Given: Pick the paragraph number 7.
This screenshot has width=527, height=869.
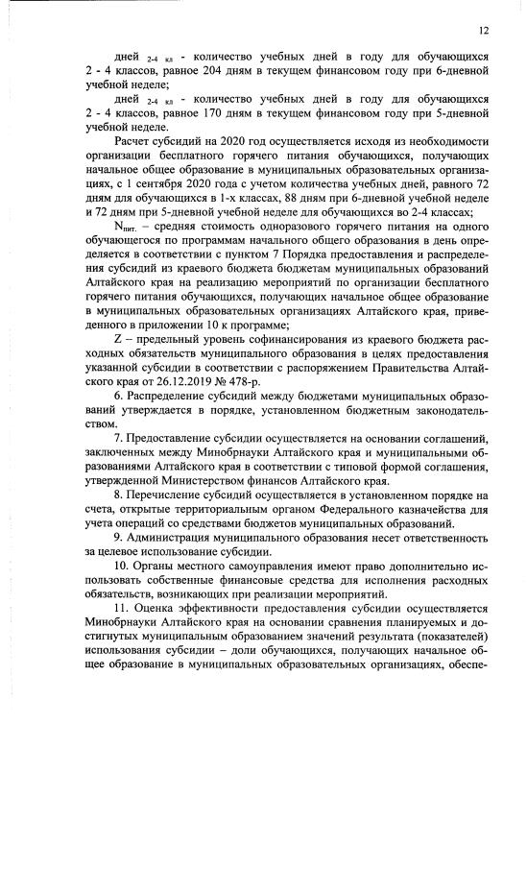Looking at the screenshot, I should [x=117, y=438].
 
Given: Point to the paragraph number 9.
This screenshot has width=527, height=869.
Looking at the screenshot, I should [x=117, y=538].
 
